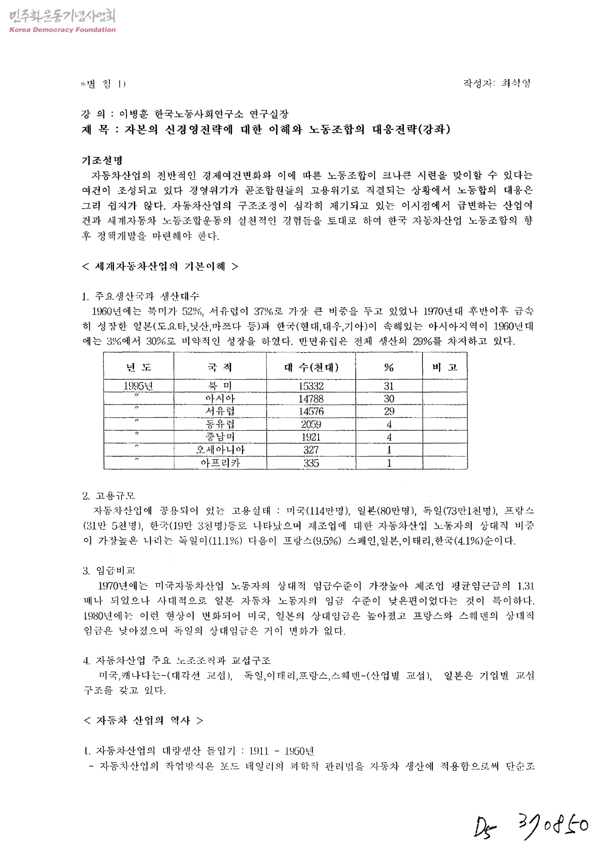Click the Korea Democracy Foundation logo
point(62,21)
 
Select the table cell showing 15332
point(311,386)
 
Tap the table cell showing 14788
point(311,399)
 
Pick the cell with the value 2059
point(311,424)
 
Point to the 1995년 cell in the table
point(138,386)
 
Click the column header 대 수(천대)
point(311,367)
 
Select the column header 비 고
point(445,367)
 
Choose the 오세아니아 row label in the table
point(220,450)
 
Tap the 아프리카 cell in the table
point(220,463)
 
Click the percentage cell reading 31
point(389,386)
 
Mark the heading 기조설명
point(102,161)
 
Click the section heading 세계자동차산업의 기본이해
point(160,266)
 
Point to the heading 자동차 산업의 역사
point(143,720)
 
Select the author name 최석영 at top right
point(516,84)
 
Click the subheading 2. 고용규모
point(109,496)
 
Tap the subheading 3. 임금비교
point(109,571)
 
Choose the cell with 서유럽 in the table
point(220,412)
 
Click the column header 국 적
point(220,367)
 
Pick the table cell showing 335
point(311,463)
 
